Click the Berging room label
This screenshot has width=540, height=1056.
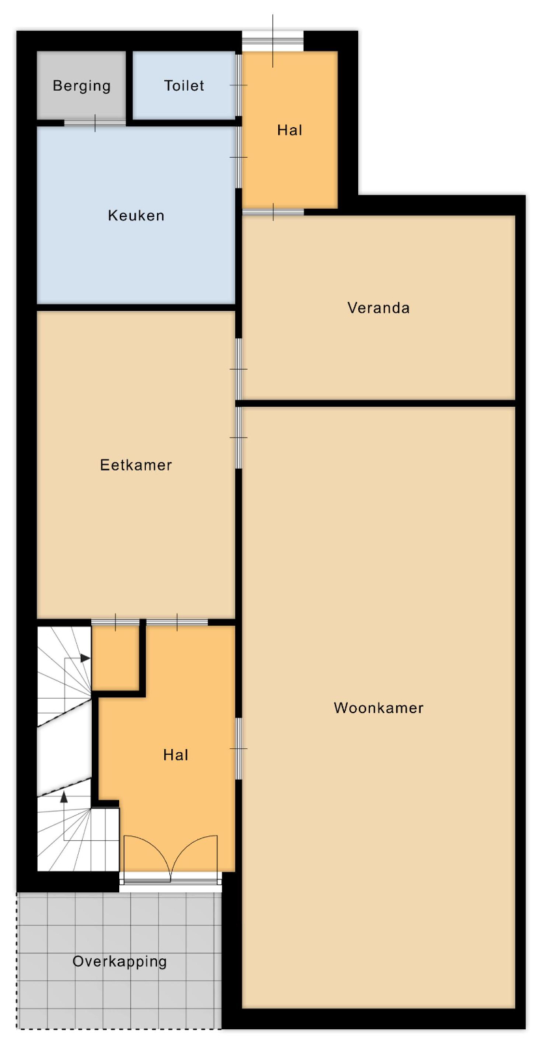[x=81, y=86]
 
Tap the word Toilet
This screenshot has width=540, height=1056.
[x=184, y=85]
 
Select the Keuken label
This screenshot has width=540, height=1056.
[x=136, y=216]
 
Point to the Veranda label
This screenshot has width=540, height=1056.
[x=378, y=308]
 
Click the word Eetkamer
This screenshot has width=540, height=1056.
[x=136, y=465]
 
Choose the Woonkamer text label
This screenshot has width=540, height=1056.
[x=378, y=708]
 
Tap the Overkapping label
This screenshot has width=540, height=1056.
[x=119, y=961]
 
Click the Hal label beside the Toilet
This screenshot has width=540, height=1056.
[x=289, y=130]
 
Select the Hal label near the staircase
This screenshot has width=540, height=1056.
[x=175, y=755]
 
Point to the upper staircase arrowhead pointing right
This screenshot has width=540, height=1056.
[x=85, y=658]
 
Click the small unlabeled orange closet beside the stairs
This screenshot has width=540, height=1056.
[x=115, y=658]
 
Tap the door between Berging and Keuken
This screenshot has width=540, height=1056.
[x=94, y=123]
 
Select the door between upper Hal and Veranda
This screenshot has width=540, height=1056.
[x=273, y=212]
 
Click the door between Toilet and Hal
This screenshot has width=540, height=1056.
[x=238, y=85]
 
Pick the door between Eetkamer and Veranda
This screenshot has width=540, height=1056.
[x=238, y=369]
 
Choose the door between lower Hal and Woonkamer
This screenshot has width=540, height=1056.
[x=238, y=748]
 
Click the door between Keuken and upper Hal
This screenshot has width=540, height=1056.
[x=238, y=157]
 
